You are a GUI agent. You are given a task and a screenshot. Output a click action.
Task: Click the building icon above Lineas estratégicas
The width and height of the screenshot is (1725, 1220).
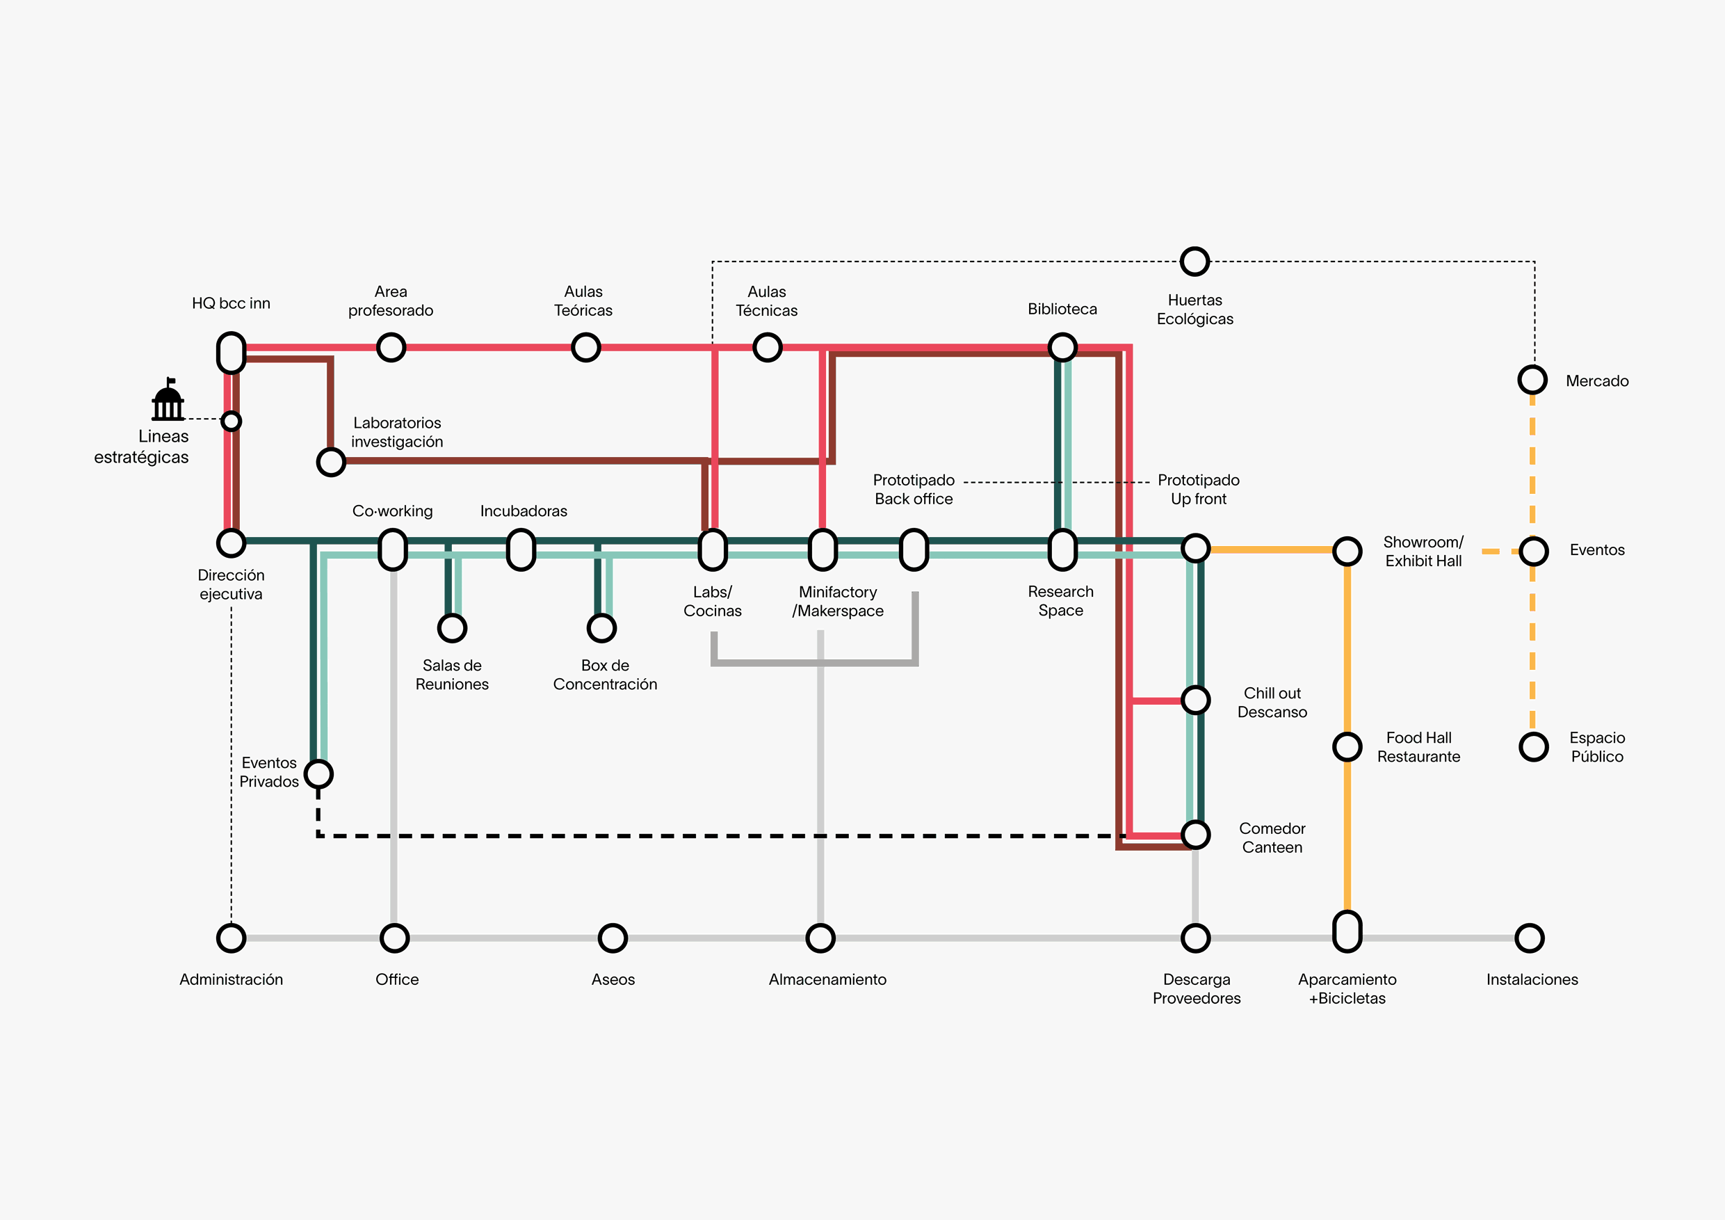pyautogui.click(x=168, y=400)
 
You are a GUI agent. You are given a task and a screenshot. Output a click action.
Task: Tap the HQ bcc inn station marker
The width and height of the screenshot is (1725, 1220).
pyautogui.click(x=232, y=353)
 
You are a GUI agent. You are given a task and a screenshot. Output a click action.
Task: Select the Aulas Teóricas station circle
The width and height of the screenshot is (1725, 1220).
pyautogui.click(x=585, y=347)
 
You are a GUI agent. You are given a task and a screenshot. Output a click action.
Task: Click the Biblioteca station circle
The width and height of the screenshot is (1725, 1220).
pyautogui.click(x=1062, y=347)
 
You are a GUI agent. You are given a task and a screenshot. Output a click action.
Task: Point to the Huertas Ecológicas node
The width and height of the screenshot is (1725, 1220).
pyautogui.click(x=1194, y=262)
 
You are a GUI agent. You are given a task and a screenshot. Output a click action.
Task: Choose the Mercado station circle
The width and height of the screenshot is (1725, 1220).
pyautogui.click(x=1532, y=380)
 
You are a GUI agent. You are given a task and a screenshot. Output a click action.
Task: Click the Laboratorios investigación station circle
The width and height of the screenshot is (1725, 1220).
pyautogui.click(x=330, y=462)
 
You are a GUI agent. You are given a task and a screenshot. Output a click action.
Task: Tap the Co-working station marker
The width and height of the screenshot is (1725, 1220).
pyautogui.click(x=393, y=549)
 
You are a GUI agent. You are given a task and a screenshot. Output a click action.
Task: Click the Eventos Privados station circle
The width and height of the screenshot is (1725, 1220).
pyautogui.click(x=318, y=773)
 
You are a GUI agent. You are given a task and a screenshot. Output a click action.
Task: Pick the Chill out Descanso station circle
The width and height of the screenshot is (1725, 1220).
pyautogui.click(x=1195, y=700)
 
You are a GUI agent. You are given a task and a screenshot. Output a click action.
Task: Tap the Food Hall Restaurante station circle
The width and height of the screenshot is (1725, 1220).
pyautogui.click(x=1347, y=746)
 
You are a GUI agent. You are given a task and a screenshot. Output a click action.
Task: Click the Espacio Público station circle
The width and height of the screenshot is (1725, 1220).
pyautogui.click(x=1533, y=746)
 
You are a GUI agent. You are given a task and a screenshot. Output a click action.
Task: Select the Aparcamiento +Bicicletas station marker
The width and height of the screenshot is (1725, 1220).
pyautogui.click(x=1347, y=931)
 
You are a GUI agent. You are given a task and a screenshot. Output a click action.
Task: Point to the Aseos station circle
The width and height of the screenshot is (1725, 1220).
pyautogui.click(x=613, y=938)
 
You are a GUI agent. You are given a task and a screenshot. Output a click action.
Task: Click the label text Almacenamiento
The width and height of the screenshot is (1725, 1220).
pyautogui.click(x=827, y=979)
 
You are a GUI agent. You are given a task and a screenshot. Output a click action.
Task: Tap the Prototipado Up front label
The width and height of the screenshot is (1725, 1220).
pyautogui.click(x=1199, y=490)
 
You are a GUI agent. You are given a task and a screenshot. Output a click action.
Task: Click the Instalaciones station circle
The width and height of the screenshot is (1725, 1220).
pyautogui.click(x=1529, y=938)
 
